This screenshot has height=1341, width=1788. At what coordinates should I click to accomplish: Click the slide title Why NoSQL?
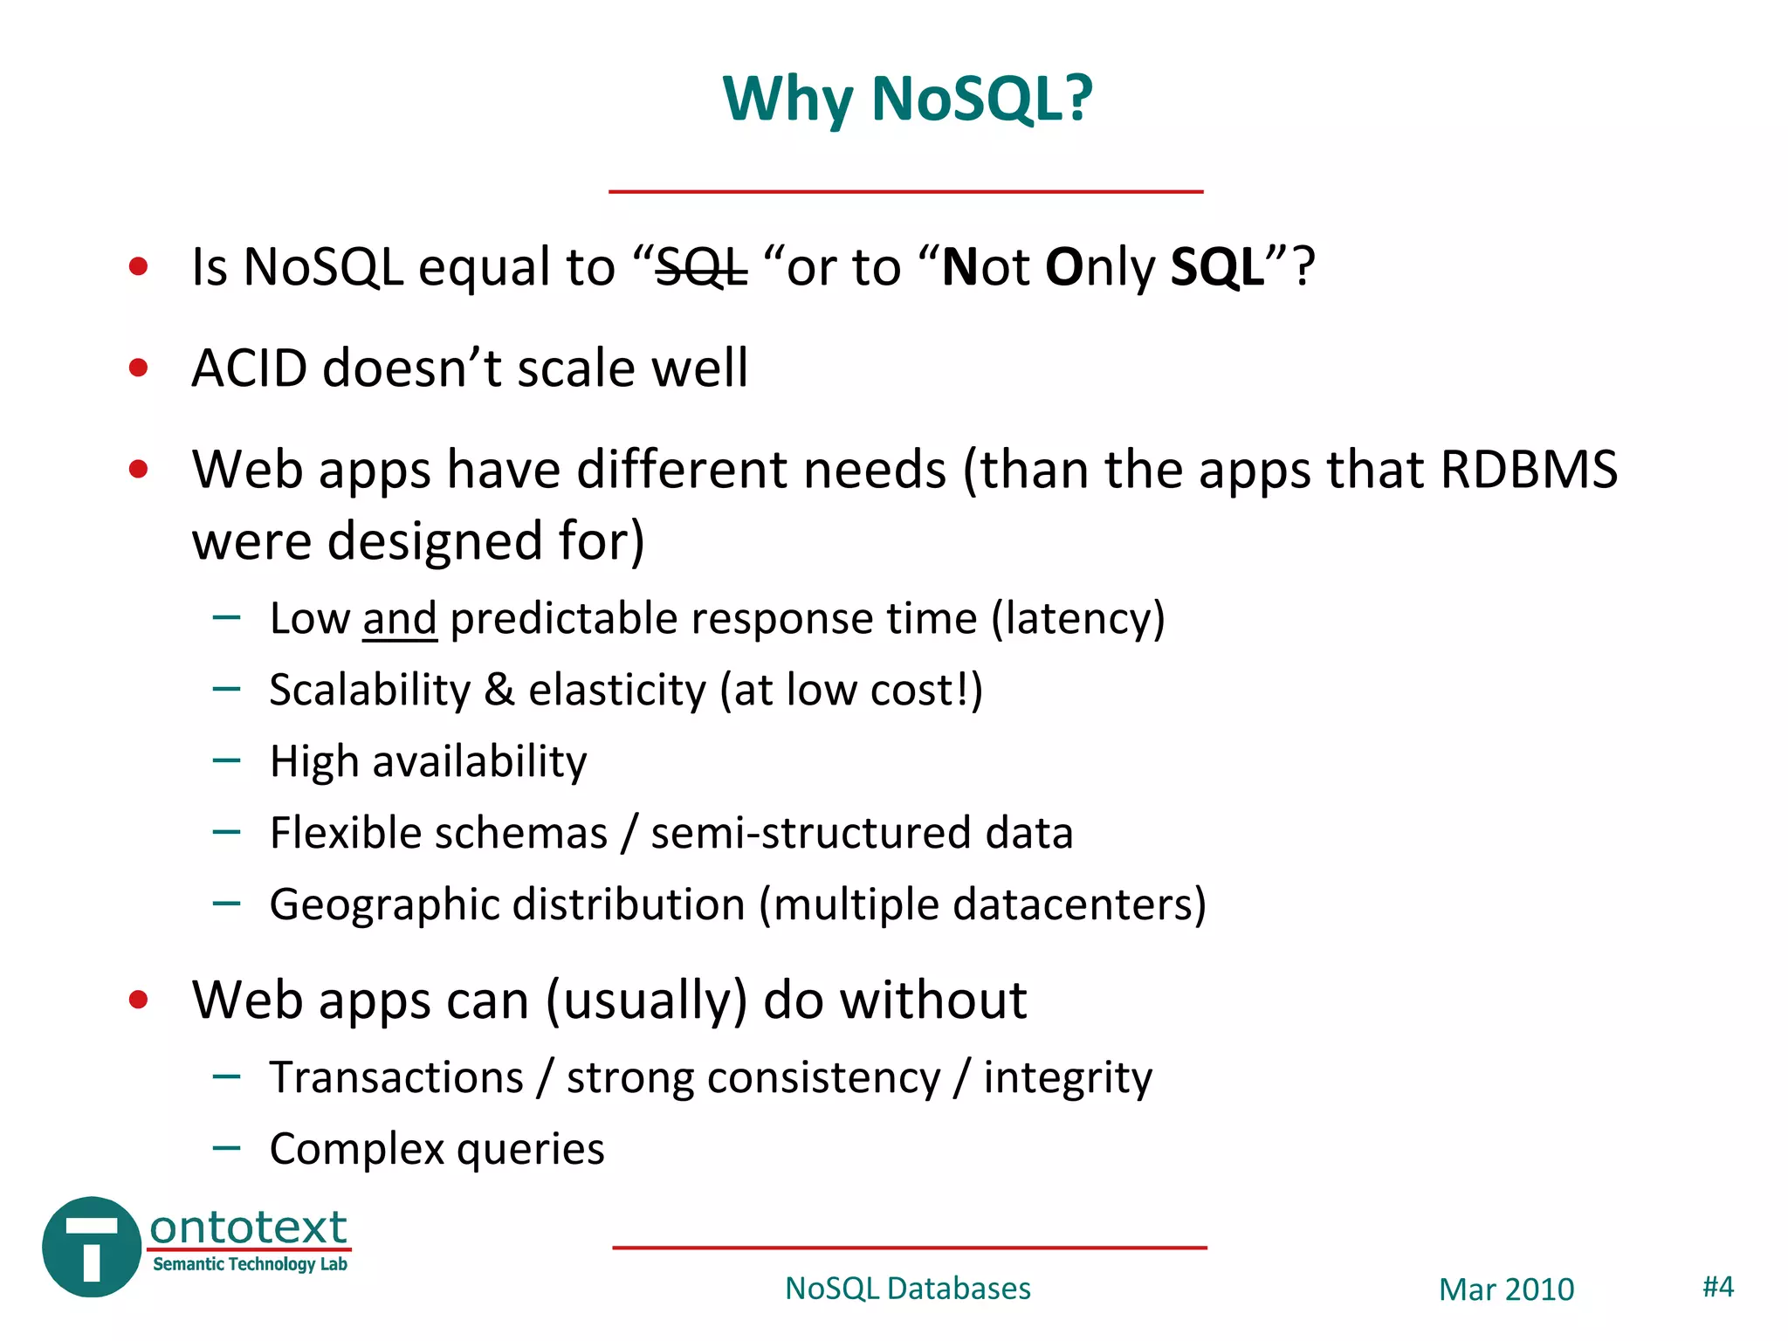pyautogui.click(x=907, y=98)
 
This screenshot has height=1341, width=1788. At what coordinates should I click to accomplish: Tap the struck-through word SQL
pyautogui.click(x=701, y=267)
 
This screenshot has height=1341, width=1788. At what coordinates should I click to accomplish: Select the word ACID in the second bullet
pyautogui.click(x=249, y=368)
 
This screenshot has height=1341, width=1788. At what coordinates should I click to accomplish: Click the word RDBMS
pyautogui.click(x=1528, y=470)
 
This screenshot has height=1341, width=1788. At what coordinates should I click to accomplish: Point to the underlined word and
pyautogui.click(x=399, y=619)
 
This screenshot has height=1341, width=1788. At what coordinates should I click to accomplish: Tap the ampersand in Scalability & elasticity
pyautogui.click(x=499, y=690)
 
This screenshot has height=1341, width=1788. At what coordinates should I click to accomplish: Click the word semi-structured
pyautogui.click(x=810, y=833)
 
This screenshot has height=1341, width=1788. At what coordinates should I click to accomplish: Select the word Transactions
pyautogui.click(x=396, y=1077)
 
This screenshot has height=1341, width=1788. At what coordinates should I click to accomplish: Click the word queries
pyautogui.click(x=531, y=1150)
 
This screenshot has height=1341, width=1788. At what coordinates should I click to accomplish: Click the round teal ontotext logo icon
pyautogui.click(x=91, y=1247)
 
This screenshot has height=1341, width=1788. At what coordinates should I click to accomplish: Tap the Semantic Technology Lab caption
pyautogui.click(x=250, y=1264)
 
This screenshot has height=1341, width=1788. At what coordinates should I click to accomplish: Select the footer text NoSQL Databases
pyautogui.click(x=907, y=1289)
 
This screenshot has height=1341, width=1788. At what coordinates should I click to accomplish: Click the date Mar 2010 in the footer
pyautogui.click(x=1506, y=1289)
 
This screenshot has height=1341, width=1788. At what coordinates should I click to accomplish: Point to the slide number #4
pyautogui.click(x=1717, y=1287)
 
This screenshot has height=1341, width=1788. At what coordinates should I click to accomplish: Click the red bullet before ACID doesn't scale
pyautogui.click(x=138, y=368)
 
